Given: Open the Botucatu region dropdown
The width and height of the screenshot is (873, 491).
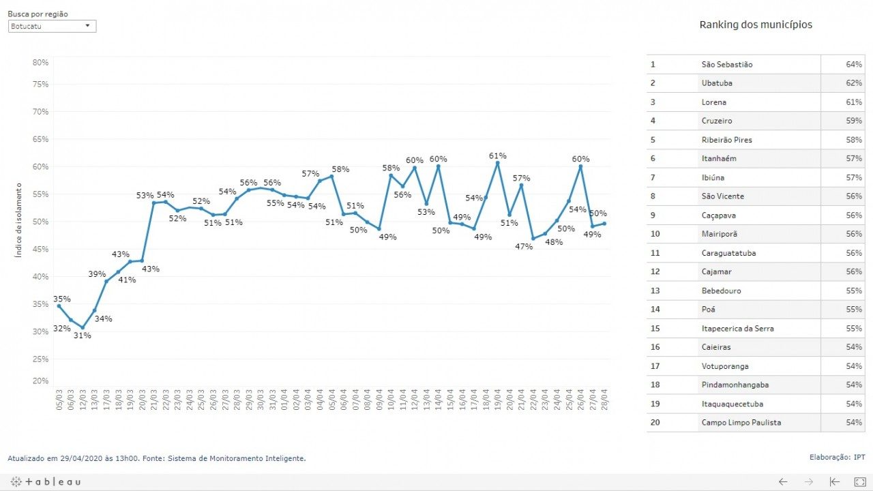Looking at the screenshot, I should coord(52,26).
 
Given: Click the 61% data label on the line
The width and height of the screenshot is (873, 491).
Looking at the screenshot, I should coord(497,156).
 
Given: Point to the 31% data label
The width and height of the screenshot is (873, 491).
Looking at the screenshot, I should coord(83,335).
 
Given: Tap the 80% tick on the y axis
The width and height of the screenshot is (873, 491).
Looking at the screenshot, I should coord(40,62).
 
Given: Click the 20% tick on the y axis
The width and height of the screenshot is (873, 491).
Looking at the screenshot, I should coord(40,381).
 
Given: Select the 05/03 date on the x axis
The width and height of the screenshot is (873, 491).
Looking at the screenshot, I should coord(59,397).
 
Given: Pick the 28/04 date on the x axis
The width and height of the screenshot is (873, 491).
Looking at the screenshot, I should coord(604,397).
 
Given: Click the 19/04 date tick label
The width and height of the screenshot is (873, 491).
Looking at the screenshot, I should coord(497,397).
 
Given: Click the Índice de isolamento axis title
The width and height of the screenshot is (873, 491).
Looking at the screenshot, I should coord(18,220).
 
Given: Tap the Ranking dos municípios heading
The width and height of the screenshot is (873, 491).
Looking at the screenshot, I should coord(756,25).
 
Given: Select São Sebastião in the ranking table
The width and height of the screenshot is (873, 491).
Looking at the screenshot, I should coord(727,65).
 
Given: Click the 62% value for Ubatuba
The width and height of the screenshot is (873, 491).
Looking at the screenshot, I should coord(854,83).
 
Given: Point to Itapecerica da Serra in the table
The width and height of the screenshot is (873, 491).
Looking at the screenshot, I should coord(737,328).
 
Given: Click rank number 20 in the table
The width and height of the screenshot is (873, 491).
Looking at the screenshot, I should coord(655,422).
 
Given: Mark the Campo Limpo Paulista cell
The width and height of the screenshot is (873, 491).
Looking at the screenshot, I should coord(741,422).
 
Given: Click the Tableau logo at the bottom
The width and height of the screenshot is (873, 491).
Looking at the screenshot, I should coord(46,481).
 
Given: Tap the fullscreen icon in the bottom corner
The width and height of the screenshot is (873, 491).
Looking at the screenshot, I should coord(860,481).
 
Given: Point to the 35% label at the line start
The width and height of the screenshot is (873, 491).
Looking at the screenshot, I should coord(61,299).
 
